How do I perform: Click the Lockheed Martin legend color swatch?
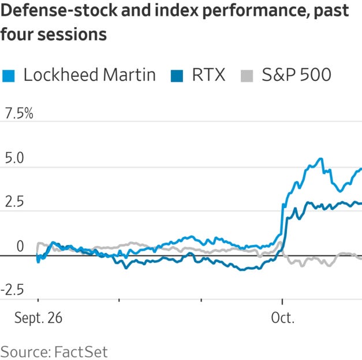tap(8, 75)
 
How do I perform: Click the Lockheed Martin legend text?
tap(89, 75)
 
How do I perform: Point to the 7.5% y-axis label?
tap(19, 114)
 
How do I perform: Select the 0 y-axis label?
tap(20, 247)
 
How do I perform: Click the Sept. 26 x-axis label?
tap(39, 318)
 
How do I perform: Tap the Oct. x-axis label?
tap(282, 318)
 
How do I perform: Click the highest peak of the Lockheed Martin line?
tap(320, 158)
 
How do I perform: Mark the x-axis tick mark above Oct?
tap(282, 301)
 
